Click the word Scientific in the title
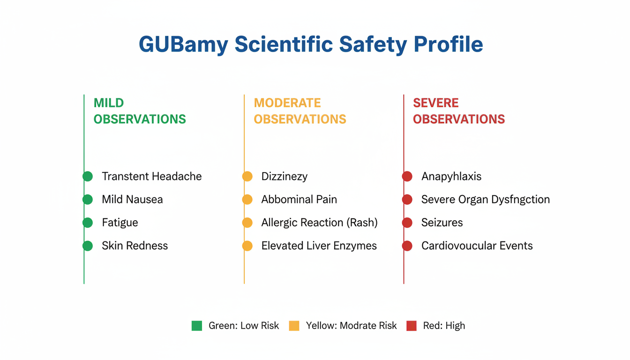pyautogui.click(x=284, y=45)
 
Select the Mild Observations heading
pyautogui.click(x=140, y=111)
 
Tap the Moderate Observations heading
pyautogui.click(x=300, y=111)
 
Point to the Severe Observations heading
pyautogui.click(x=459, y=111)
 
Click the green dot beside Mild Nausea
pyautogui.click(x=88, y=199)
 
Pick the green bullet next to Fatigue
pyautogui.click(x=88, y=223)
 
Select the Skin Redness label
pyautogui.click(x=135, y=246)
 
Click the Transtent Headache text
pyautogui.click(x=152, y=176)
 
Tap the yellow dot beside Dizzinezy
pyautogui.click(x=247, y=176)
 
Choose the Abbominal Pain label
pyautogui.click(x=299, y=199)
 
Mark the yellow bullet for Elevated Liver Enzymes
pyautogui.click(x=247, y=246)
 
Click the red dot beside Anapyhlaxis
pyautogui.click(x=407, y=176)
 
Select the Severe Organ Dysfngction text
pyautogui.click(x=486, y=200)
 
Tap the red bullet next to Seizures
pyautogui.click(x=407, y=223)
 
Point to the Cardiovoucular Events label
pyautogui.click(x=477, y=246)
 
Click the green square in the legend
pyautogui.click(x=197, y=326)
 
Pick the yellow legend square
pyautogui.click(x=294, y=326)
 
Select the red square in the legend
pyautogui.click(x=412, y=326)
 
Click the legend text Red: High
pyautogui.click(x=444, y=326)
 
